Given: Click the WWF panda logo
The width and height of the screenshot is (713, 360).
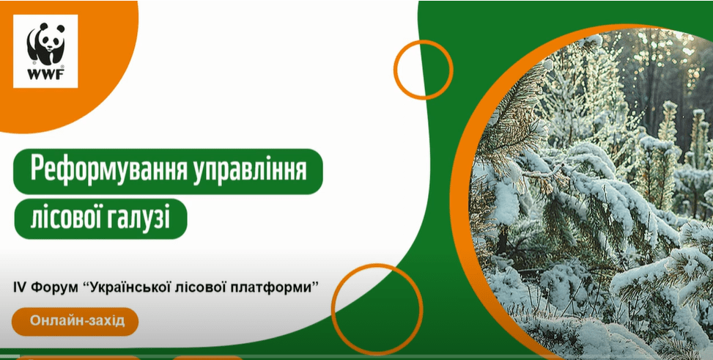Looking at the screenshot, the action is point(45,51).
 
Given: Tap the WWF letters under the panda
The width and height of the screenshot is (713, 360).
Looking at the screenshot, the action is point(45,75).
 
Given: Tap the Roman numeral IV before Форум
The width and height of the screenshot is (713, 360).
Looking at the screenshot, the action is point(18,288).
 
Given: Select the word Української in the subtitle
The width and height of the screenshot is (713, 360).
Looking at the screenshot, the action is point(130,288).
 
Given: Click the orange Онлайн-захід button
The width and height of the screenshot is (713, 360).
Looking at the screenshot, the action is point(75,321).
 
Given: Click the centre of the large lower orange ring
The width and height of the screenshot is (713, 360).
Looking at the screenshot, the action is point(377,309).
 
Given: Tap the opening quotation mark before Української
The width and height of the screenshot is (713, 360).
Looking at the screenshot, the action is point(87,285).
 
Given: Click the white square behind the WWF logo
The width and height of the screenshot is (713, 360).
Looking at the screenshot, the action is point(45,51).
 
